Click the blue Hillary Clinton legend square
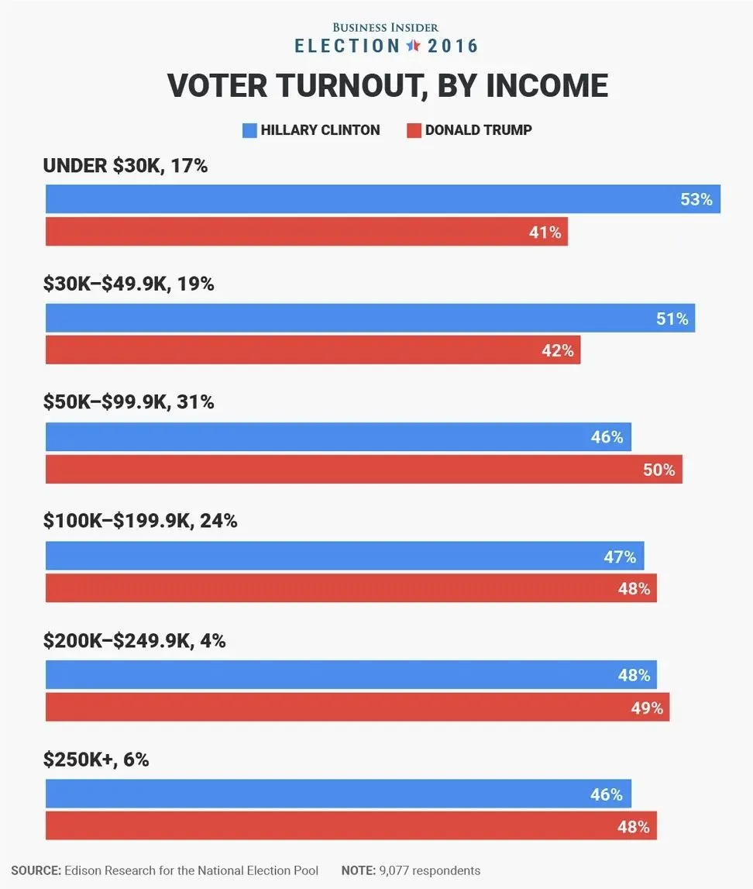click(x=249, y=130)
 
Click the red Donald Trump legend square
click(x=414, y=130)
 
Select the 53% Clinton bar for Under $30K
click(x=383, y=199)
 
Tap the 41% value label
click(x=545, y=233)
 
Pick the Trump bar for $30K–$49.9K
click(x=312, y=350)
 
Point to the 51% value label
click(x=672, y=319)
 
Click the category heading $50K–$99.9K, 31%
click(x=129, y=403)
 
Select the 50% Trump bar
click(x=363, y=470)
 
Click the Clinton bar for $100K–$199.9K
click(x=344, y=556)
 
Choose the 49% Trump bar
click(x=357, y=708)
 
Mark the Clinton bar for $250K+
click(x=338, y=794)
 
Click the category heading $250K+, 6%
click(x=96, y=760)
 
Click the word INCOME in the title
click(x=547, y=85)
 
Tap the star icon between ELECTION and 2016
click(x=413, y=46)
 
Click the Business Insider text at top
click(x=386, y=27)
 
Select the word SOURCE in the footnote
click(x=36, y=870)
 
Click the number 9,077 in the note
click(x=395, y=870)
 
